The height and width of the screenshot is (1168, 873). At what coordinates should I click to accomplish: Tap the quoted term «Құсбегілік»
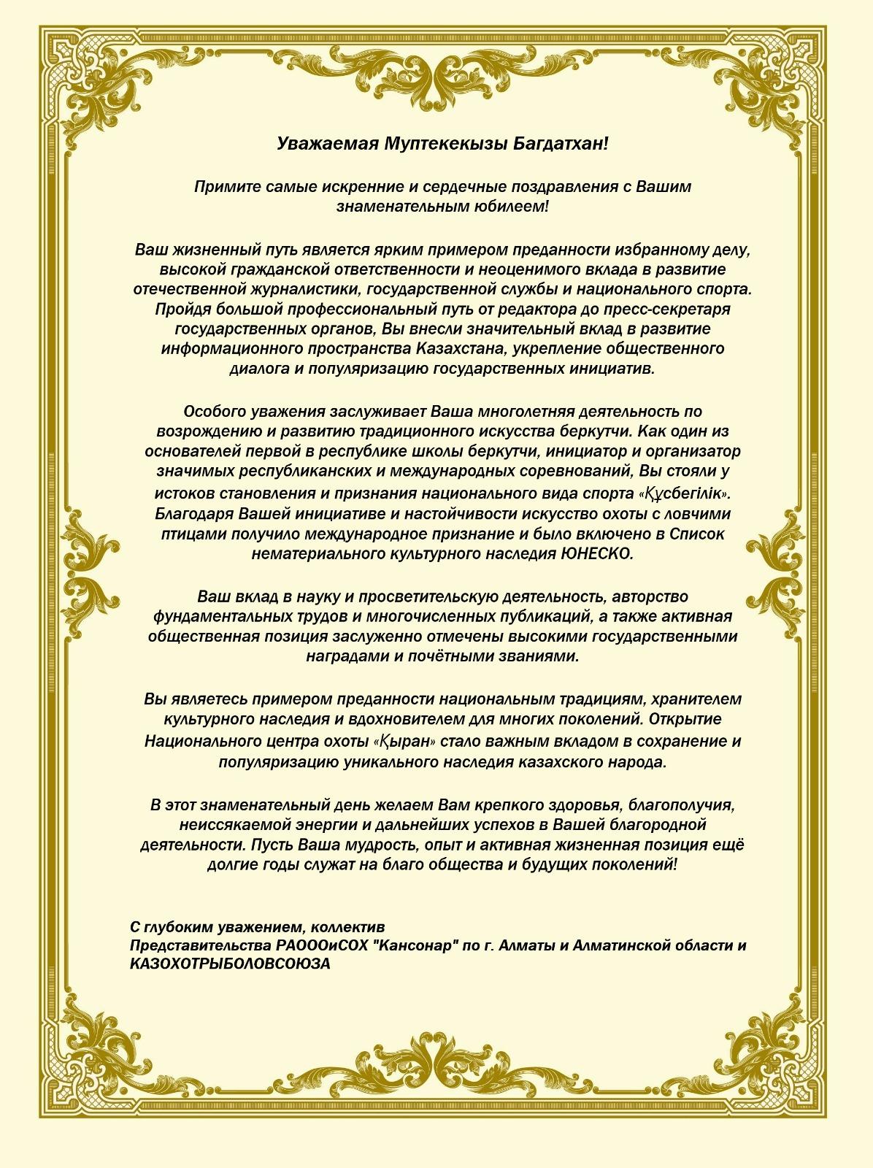[x=685, y=493]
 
